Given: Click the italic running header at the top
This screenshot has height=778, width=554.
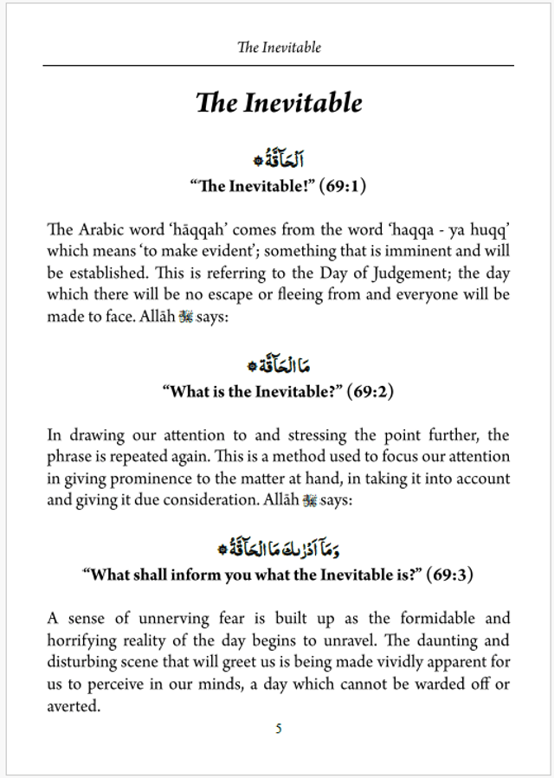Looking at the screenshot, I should pos(279,47).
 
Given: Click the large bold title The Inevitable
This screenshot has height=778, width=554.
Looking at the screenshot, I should pos(279,102).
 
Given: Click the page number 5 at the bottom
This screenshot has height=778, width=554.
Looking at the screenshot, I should pos(278,728).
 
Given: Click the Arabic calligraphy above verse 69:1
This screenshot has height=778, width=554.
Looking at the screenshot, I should pos(279,160).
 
